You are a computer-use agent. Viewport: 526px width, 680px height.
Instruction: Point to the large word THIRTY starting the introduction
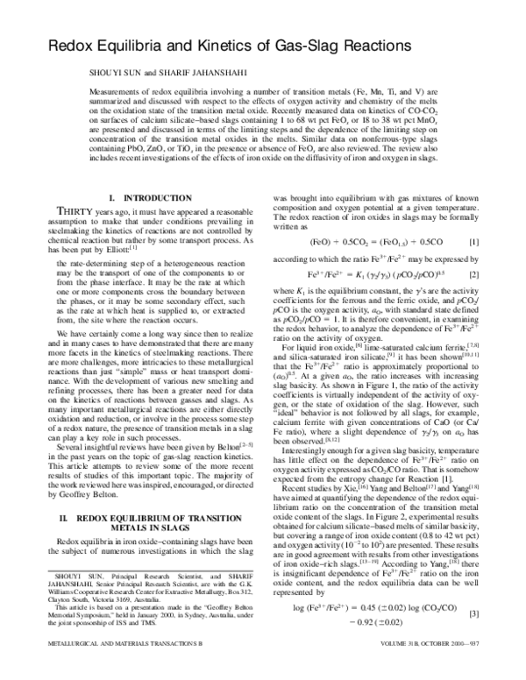point(57,223)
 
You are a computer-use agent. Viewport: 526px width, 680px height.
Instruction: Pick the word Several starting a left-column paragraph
point(60,446)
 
